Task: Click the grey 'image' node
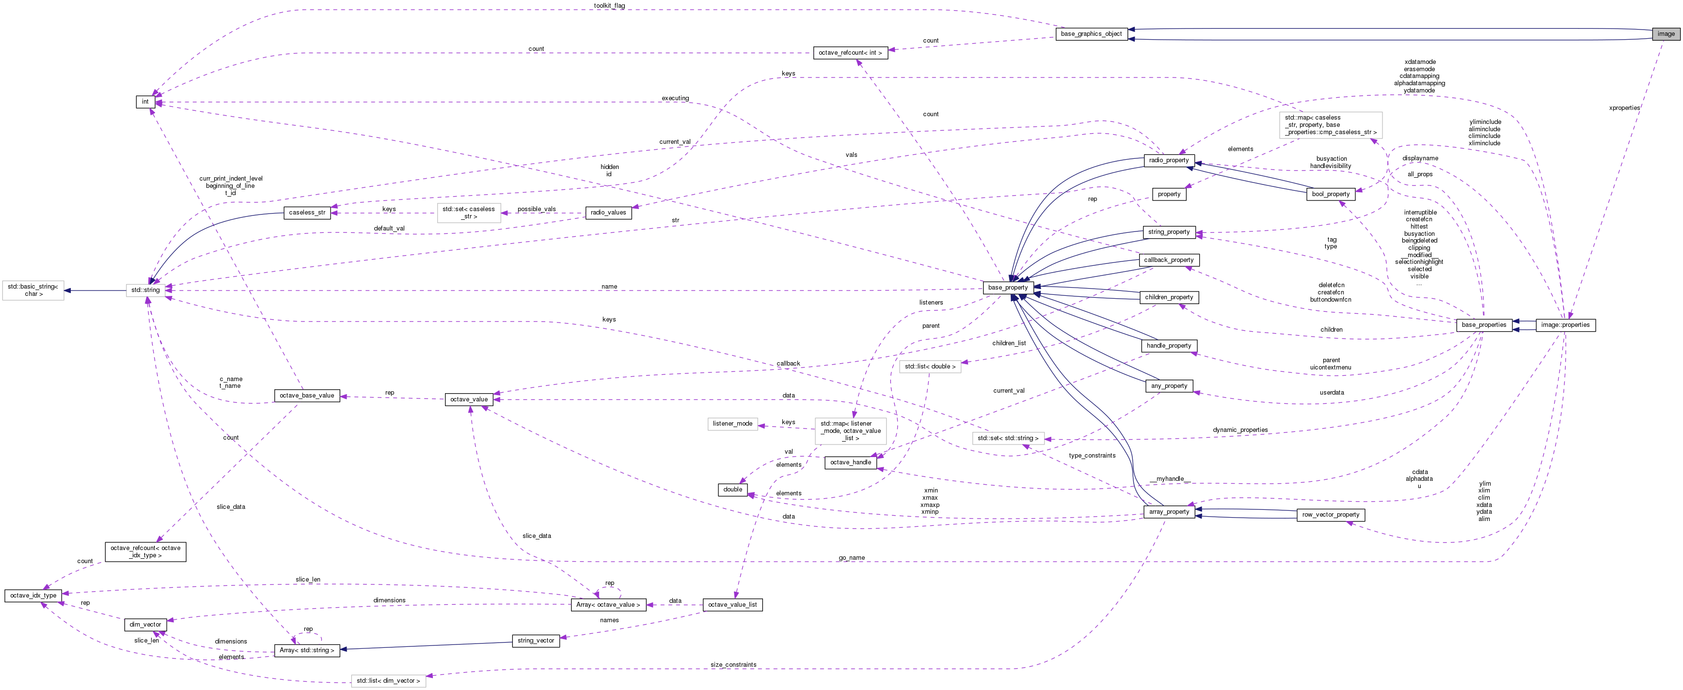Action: click(1666, 34)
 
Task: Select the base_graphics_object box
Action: click(1091, 34)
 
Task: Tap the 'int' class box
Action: click(145, 102)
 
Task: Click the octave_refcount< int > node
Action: click(850, 53)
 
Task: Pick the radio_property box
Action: click(1169, 161)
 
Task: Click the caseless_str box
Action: click(307, 213)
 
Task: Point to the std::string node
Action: click(145, 290)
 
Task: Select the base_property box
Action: click(1007, 288)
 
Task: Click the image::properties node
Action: click(1565, 325)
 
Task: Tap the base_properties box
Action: click(1484, 325)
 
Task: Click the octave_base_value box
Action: click(306, 396)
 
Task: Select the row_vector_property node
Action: click(1330, 515)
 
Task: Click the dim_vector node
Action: click(145, 625)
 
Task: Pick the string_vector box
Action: click(536, 641)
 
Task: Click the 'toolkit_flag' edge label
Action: click(609, 6)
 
